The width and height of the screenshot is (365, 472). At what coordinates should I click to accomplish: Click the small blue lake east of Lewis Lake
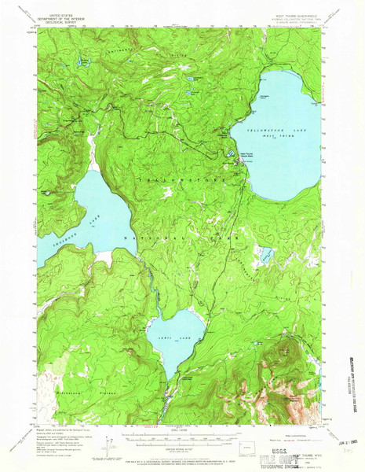click(x=265, y=254)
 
